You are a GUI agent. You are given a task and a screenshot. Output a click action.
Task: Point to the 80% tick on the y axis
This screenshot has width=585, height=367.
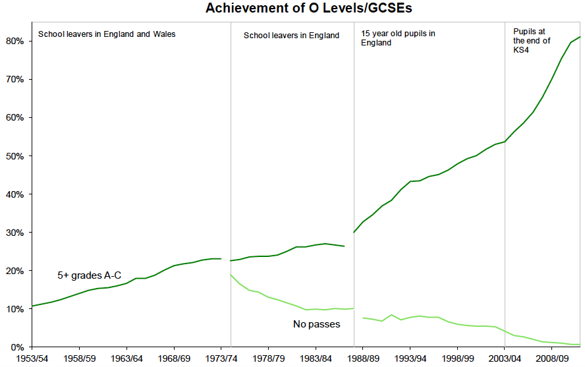pyautogui.click(x=15, y=41)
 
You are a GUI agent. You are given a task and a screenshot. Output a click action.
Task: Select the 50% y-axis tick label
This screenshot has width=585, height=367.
pyautogui.click(x=15, y=156)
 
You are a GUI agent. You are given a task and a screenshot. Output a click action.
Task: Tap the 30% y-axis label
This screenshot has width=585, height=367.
pyautogui.click(x=15, y=233)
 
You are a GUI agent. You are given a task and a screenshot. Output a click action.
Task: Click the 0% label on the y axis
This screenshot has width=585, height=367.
pyautogui.click(x=18, y=347)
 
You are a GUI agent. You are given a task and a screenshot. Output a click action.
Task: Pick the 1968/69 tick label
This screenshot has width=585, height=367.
pyautogui.click(x=174, y=358)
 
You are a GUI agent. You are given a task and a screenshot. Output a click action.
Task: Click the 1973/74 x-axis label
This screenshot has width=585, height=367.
pyautogui.click(x=221, y=358)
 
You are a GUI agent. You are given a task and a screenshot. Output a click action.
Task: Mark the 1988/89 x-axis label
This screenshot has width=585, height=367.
pyautogui.click(x=363, y=358)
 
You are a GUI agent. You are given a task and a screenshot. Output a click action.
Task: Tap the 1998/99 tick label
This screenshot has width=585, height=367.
pyautogui.click(x=458, y=358)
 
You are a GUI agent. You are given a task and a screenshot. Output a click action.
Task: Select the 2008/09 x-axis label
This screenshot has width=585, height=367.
pyautogui.click(x=552, y=358)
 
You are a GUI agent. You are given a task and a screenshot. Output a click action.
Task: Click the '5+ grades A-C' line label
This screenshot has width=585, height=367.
pyautogui.click(x=90, y=275)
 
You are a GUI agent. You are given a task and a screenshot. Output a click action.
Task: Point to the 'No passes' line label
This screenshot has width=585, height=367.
pyautogui.click(x=316, y=324)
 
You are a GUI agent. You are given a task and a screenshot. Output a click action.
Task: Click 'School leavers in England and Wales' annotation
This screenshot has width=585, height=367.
pyautogui.click(x=107, y=34)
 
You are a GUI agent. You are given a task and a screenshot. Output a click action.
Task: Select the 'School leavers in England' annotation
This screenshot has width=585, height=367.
pyautogui.click(x=291, y=36)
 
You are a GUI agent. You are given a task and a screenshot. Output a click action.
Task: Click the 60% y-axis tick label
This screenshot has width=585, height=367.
pyautogui.click(x=15, y=117)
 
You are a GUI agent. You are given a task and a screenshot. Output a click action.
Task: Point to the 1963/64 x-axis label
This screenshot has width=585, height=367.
pyautogui.click(x=126, y=358)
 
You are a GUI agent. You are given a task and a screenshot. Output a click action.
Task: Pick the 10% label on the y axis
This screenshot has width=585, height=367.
pyautogui.click(x=15, y=309)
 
